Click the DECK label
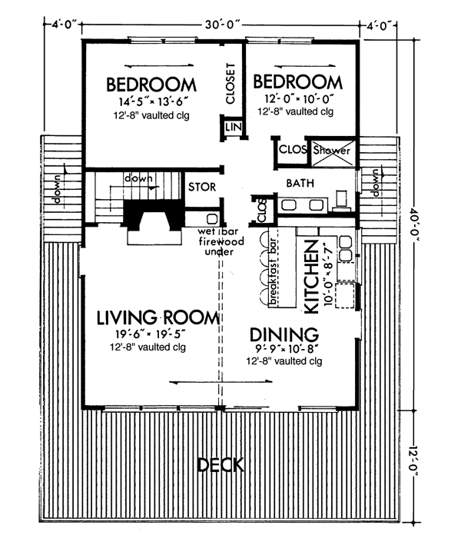pos(221,465)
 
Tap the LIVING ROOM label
pos(158,317)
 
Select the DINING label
pos(284,334)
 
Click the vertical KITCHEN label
pos(311,277)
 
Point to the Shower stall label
pos(332,151)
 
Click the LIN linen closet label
pos(234,128)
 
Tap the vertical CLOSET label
pos(230,83)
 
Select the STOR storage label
pos(202,187)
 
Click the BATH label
pos(300,183)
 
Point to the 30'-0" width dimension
pos(222,25)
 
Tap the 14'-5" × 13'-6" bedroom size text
pos(154,102)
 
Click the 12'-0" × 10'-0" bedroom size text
pos(299,99)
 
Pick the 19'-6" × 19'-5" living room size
pos(151,334)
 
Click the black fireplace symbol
pos(154,215)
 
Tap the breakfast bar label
pos(274,272)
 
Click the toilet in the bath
pos(342,201)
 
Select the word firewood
pos(221,241)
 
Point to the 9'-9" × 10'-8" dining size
pos(287,349)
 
